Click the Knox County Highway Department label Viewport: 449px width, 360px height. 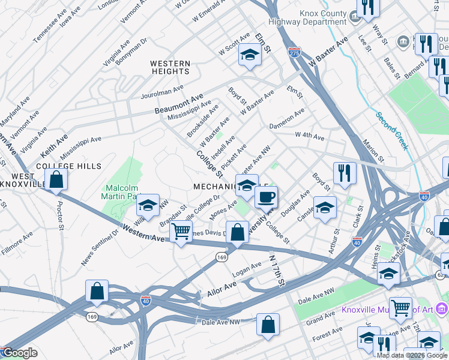316,17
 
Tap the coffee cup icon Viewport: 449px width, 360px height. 266,196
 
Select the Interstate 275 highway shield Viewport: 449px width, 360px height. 294,52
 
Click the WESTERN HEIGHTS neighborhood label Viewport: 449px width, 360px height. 170,67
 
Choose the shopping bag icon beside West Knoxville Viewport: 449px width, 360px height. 56,179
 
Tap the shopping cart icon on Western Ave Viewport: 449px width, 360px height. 181,231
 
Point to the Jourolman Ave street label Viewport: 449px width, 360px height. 161,89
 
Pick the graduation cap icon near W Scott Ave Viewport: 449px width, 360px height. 247,55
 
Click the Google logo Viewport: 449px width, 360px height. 19,353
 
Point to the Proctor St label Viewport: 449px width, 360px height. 59,211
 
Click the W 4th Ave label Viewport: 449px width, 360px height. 310,137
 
